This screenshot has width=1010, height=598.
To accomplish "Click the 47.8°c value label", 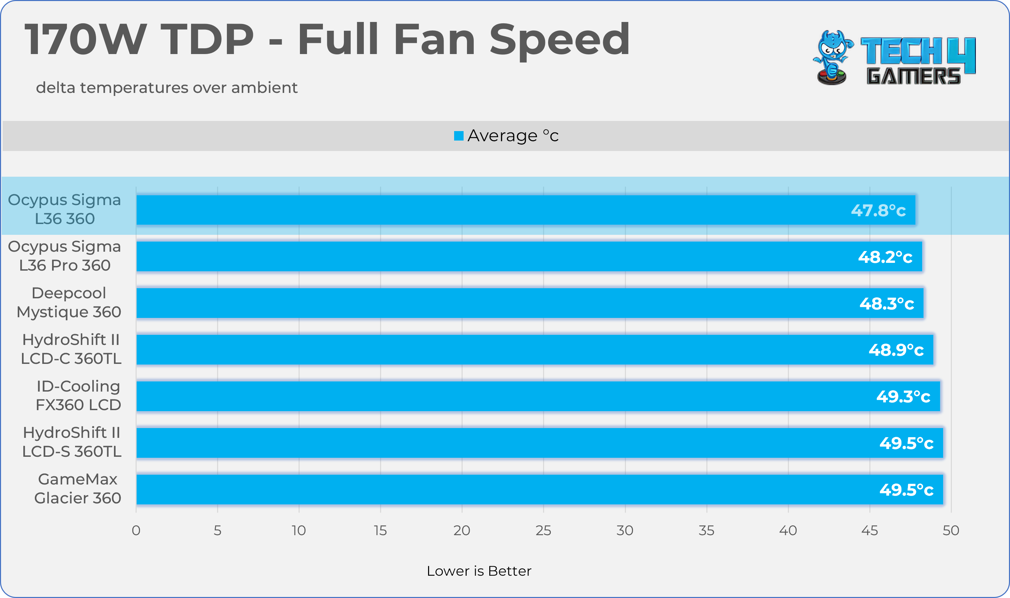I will tap(878, 210).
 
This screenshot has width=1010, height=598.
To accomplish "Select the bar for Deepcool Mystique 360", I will tap(530, 303).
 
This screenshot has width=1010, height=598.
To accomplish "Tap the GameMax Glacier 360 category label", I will tap(77, 489).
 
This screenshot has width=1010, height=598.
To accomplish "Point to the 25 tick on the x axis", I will tap(543, 530).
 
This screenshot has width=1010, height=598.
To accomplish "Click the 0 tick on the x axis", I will tap(136, 530).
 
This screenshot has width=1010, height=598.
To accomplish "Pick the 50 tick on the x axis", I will tap(950, 530).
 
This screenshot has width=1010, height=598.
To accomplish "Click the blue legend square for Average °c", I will tap(459, 136).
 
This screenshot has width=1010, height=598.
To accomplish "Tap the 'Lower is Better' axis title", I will tap(479, 571).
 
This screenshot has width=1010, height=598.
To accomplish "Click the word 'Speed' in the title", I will tap(559, 40).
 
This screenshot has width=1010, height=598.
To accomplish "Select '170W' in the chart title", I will tap(85, 40).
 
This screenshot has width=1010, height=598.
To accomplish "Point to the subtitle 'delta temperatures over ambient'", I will tap(166, 88).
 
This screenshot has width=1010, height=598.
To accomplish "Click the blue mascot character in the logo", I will tap(832, 56).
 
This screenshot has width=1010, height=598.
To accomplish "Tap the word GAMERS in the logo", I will tap(913, 76).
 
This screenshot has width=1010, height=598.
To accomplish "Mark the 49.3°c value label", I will tap(903, 397).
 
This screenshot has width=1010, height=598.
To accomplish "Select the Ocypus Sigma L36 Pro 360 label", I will tap(65, 256).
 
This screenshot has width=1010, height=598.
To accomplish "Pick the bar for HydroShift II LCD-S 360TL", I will tap(539, 443).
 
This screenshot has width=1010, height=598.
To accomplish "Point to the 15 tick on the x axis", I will tap(380, 530).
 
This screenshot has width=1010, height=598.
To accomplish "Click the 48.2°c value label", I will tap(885, 257).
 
